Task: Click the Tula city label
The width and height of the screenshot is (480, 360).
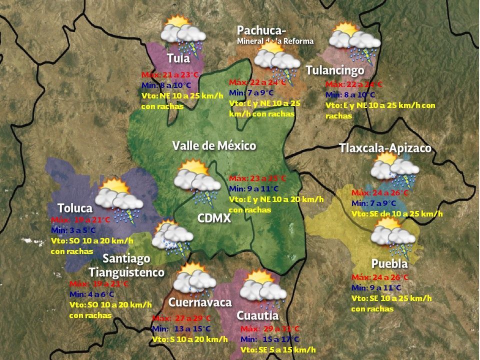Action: click(x=178, y=58)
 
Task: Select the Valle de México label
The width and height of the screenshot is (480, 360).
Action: click(x=214, y=145)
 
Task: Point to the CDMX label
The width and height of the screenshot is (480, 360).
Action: click(x=213, y=218)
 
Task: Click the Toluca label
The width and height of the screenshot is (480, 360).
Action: click(x=75, y=207)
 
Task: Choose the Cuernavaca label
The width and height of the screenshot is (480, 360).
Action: click(x=200, y=302)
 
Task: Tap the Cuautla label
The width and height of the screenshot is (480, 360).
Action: click(x=257, y=315)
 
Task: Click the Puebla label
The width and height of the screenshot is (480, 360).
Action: click(x=389, y=263)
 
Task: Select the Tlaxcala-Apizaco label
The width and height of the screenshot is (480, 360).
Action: click(x=384, y=148)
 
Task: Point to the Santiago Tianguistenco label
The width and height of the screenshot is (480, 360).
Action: click(x=127, y=265)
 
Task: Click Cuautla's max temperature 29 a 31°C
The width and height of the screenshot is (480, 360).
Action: click(x=270, y=328)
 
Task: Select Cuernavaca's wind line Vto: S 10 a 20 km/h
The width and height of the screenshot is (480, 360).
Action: click(x=190, y=339)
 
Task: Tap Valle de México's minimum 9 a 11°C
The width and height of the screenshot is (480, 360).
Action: click(x=253, y=188)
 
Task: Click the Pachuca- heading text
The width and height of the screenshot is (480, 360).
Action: click(x=261, y=30)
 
